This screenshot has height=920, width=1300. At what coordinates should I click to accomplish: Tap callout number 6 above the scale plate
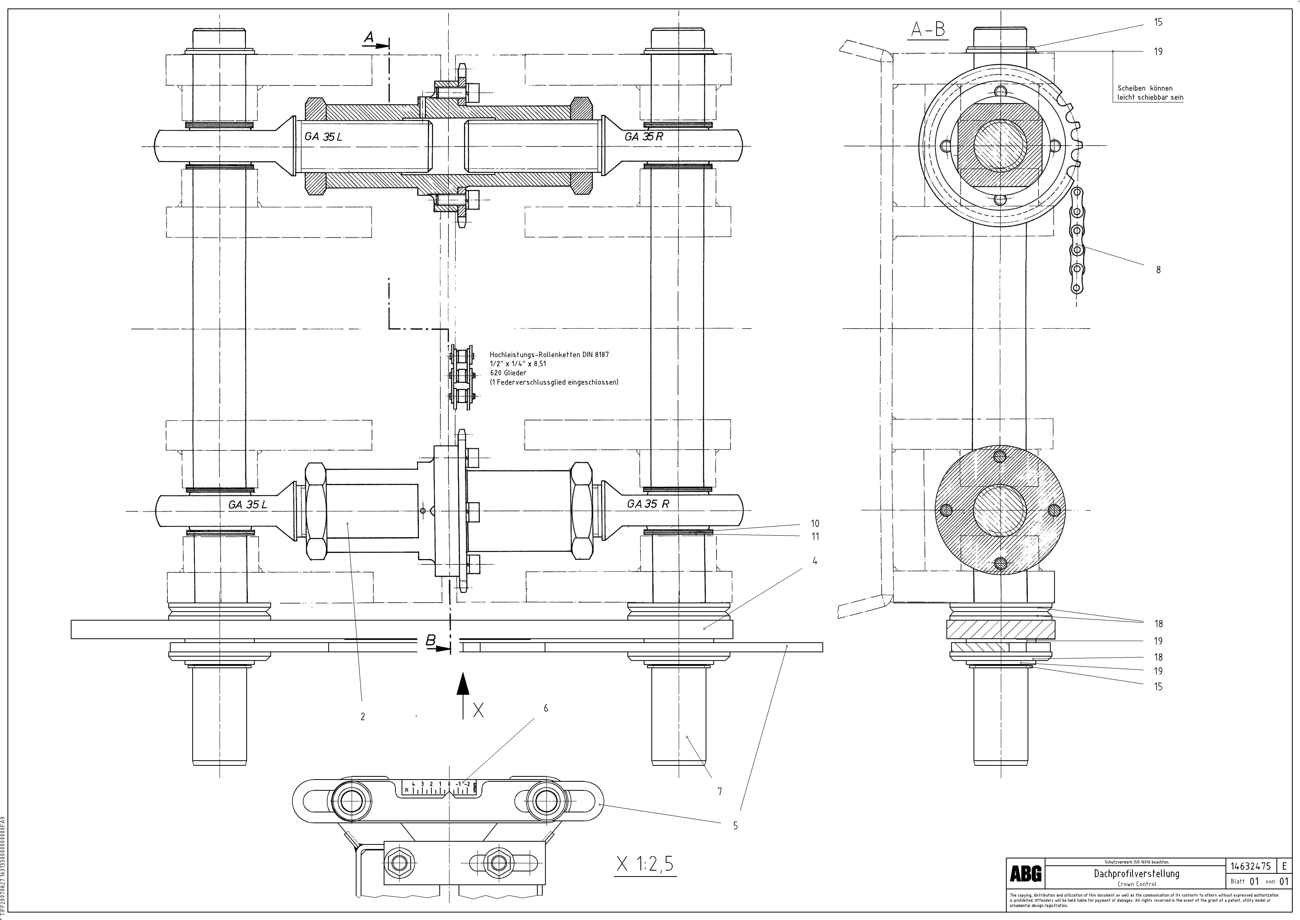tap(546, 708)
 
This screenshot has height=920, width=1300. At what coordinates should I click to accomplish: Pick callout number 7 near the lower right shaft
tap(720, 791)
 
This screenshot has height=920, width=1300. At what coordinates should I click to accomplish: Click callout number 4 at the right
tap(815, 561)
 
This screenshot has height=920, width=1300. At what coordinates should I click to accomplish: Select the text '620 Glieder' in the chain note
tap(508, 373)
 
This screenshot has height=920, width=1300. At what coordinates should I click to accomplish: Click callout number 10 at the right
tap(815, 523)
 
